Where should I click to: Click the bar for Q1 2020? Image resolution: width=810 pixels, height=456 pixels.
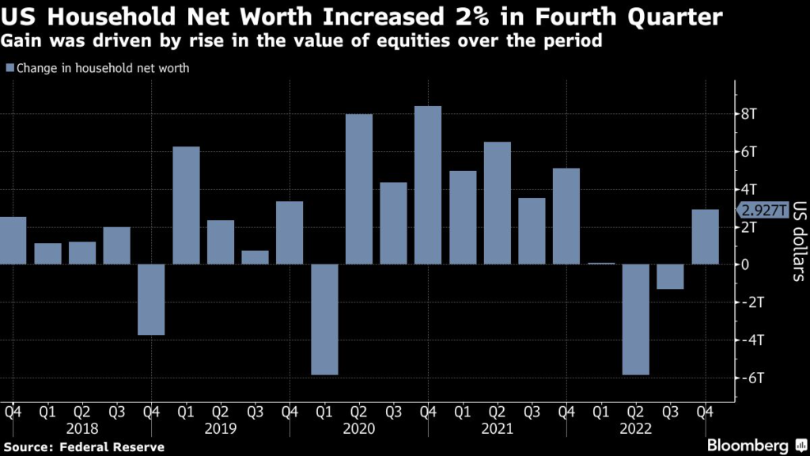(324, 319)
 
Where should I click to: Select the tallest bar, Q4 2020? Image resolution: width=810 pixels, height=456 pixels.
(428, 185)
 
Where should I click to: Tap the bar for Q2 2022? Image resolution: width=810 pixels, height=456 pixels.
(636, 319)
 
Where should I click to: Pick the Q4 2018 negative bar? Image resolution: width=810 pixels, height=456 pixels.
(151, 299)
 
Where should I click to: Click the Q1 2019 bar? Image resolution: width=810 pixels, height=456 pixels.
(186, 206)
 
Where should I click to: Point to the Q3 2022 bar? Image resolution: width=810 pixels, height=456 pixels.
(671, 276)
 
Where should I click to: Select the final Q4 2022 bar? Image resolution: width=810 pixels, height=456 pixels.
(706, 237)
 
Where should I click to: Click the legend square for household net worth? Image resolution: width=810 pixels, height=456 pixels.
(9, 68)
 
